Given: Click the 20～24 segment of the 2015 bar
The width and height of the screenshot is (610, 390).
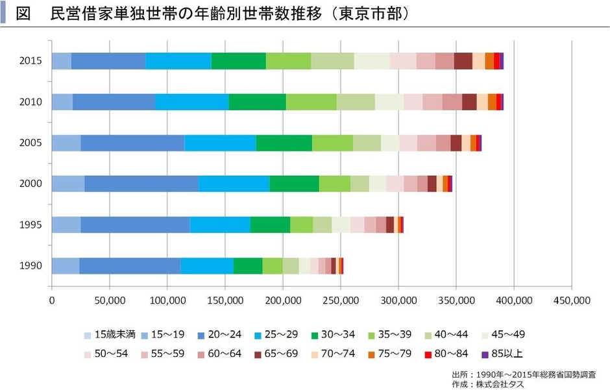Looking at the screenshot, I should (108, 61).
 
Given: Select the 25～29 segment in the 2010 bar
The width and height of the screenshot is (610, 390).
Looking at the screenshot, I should (192, 102).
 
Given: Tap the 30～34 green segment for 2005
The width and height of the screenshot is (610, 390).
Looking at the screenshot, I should (284, 143).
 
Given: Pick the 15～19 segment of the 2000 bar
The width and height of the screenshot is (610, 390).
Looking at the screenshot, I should (67, 184).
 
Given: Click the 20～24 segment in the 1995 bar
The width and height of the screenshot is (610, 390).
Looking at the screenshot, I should (135, 225).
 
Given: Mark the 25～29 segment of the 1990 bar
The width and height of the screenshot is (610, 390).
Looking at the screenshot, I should (206, 265).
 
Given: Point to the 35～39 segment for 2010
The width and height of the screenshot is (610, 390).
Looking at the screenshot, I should (311, 102).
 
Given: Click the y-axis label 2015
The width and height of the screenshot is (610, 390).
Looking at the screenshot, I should (30, 61).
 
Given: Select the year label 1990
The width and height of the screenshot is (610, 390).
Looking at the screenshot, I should (30, 265).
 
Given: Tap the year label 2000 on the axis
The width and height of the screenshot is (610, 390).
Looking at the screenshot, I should (30, 184).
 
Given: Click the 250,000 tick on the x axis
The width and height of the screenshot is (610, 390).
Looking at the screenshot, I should (341, 300).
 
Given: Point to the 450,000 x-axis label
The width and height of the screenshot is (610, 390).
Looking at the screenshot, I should (572, 300).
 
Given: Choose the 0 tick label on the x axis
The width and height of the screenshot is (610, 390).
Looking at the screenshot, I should (52, 300).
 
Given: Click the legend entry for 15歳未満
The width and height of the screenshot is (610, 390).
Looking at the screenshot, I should (110, 335).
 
